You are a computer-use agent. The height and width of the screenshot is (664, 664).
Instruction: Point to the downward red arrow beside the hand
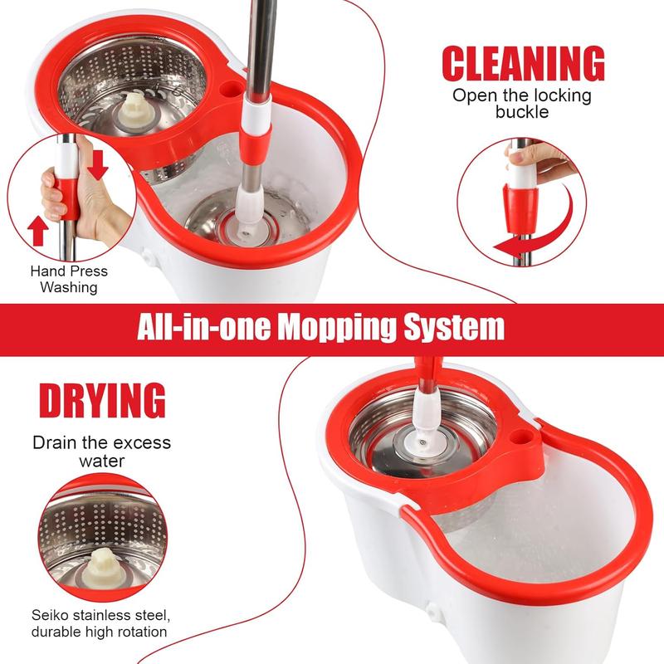(x=98, y=165)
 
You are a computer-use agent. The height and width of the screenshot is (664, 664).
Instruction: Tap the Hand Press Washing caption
(x=69, y=279)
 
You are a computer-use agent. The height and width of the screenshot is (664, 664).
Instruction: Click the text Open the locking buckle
(x=522, y=103)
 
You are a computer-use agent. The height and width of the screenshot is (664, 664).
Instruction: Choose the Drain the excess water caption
(x=101, y=451)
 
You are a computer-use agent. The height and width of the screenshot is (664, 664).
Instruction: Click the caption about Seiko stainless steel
(x=101, y=623)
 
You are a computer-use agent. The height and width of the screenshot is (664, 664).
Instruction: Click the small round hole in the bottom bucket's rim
(x=521, y=435)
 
